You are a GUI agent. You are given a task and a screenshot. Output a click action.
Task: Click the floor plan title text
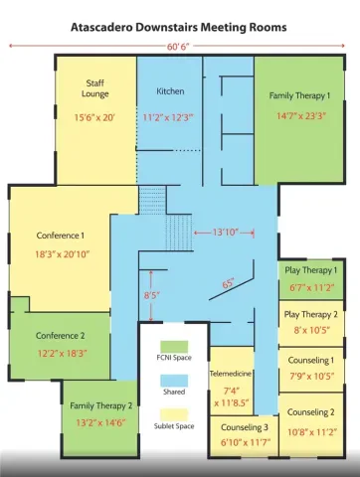(x=179, y=27)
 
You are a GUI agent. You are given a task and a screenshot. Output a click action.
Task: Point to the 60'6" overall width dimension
(x=178, y=47)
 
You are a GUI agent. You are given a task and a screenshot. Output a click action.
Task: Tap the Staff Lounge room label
(x=94, y=88)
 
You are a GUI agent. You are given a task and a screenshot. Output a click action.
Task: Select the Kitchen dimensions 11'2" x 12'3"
(x=168, y=117)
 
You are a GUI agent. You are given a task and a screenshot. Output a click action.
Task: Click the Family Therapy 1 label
(x=299, y=95)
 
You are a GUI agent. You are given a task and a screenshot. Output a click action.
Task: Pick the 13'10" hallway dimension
(x=225, y=233)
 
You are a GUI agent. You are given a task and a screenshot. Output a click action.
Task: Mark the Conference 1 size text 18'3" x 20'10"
(x=63, y=254)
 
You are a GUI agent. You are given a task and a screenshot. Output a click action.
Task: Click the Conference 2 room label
(x=60, y=336)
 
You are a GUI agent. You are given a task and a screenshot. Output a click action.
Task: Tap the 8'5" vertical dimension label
(x=152, y=295)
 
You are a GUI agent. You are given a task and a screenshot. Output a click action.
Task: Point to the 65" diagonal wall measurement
(x=228, y=284)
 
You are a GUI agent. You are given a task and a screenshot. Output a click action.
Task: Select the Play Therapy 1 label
(x=310, y=270)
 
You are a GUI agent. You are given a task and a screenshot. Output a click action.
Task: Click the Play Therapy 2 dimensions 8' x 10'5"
(x=312, y=330)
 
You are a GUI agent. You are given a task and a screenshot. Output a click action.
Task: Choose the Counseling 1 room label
(x=311, y=360)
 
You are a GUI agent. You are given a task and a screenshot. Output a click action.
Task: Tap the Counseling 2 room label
(x=310, y=412)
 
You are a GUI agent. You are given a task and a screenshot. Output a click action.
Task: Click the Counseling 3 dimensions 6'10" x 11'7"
(x=246, y=442)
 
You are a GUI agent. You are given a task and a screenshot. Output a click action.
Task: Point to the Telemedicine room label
(x=231, y=374)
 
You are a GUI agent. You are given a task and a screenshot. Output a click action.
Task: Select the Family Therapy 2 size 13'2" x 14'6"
(x=100, y=423)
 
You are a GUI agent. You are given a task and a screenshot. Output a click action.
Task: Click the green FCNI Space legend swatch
(x=174, y=347)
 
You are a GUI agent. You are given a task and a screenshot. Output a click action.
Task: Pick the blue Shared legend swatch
(x=174, y=381)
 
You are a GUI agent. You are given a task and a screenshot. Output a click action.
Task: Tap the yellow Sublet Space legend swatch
(x=174, y=415)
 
